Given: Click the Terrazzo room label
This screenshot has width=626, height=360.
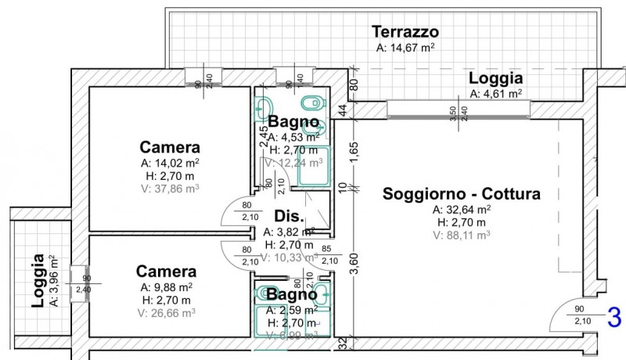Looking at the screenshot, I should pyautogui.click(x=405, y=32).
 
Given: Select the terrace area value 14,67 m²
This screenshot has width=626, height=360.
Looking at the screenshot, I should pyautogui.click(x=405, y=48).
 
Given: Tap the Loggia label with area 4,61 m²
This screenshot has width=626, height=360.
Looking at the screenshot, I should pyautogui.click(x=495, y=78).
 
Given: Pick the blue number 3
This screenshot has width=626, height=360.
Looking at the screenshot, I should pyautogui.click(x=614, y=319).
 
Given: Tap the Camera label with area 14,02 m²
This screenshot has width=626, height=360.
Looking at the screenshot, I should pyautogui.click(x=170, y=147).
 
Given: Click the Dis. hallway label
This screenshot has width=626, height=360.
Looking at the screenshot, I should pyautogui.click(x=288, y=217).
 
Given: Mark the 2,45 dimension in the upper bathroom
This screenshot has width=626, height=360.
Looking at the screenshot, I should pyautogui.click(x=263, y=129).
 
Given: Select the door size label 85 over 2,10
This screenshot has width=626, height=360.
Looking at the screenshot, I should pyautogui.click(x=329, y=255).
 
